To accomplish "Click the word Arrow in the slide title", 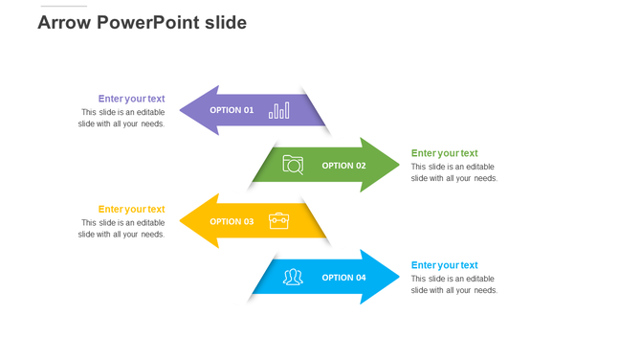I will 64,23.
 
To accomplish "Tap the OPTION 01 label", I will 232,110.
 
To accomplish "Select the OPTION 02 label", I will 343,166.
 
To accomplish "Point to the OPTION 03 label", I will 232,221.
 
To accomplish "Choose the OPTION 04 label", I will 343,278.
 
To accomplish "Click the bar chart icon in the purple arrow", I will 278,110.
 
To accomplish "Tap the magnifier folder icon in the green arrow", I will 293,165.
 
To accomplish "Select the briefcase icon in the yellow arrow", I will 278,221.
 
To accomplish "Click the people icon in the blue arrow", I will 293,278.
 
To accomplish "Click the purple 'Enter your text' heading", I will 131,99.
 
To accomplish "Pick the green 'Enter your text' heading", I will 444,153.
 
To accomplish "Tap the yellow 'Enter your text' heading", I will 131,209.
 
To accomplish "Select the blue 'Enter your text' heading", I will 444,265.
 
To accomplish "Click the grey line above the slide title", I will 63,7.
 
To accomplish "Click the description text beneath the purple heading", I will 122,118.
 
